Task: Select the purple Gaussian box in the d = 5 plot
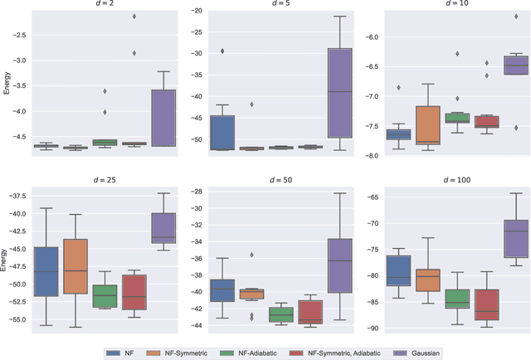point(340,92)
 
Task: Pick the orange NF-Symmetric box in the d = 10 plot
point(428,125)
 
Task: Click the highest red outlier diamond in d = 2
point(134,17)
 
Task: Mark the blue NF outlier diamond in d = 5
point(222,51)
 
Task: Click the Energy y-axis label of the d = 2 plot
point(7,83)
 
